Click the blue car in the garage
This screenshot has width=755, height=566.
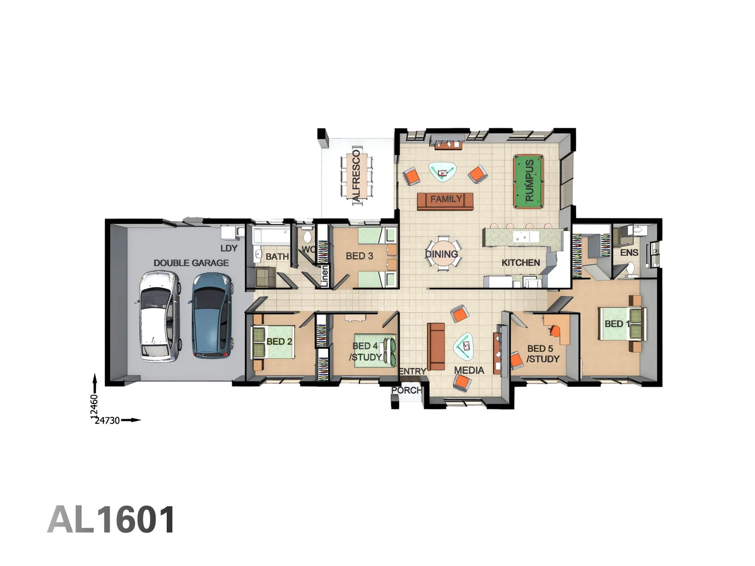212,315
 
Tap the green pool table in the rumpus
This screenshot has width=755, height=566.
528,181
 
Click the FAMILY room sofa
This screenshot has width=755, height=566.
445,201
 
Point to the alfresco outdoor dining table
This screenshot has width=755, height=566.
357,176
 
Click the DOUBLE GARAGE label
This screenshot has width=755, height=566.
191,263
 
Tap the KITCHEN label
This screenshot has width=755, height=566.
520,263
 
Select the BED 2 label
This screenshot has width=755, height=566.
279,341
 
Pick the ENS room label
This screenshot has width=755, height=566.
629,253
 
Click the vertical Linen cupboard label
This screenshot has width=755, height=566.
325,276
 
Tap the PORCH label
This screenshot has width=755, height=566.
406,390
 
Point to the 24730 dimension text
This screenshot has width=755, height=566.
107,420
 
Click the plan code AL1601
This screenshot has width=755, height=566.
112,520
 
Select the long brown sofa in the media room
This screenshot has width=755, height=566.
436,346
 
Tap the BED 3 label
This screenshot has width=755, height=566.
359,256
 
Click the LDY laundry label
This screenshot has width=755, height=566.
229,248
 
